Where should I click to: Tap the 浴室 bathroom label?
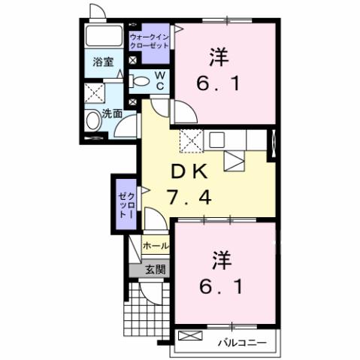[x=103, y=63]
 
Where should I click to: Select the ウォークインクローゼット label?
[x=150, y=40]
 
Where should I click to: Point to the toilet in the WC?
[x=141, y=81]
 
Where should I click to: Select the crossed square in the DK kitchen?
[x=191, y=139]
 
